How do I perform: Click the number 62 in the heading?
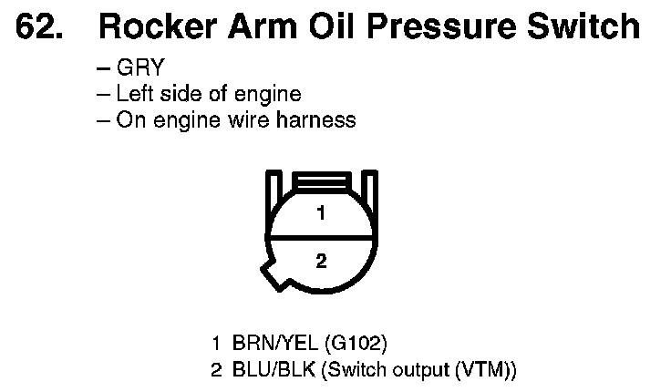coord(40,27)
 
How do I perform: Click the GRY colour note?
coord(138,69)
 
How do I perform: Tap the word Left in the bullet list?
coord(133,94)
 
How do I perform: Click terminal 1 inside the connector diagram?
coord(320,214)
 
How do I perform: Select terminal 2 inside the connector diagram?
coord(320,261)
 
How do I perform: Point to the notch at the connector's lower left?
coord(270,271)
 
